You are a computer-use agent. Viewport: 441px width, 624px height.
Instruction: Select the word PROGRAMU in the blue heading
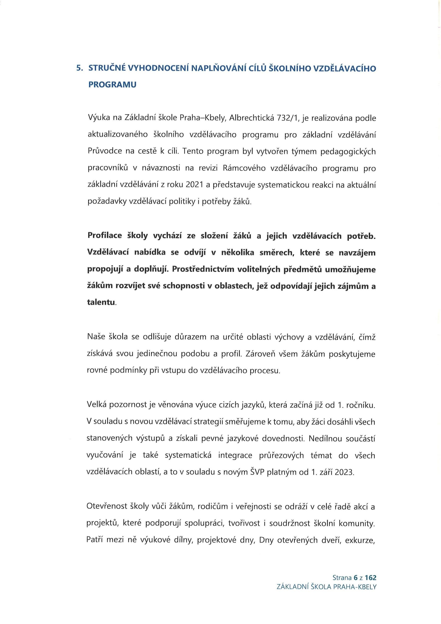(x=112, y=85)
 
